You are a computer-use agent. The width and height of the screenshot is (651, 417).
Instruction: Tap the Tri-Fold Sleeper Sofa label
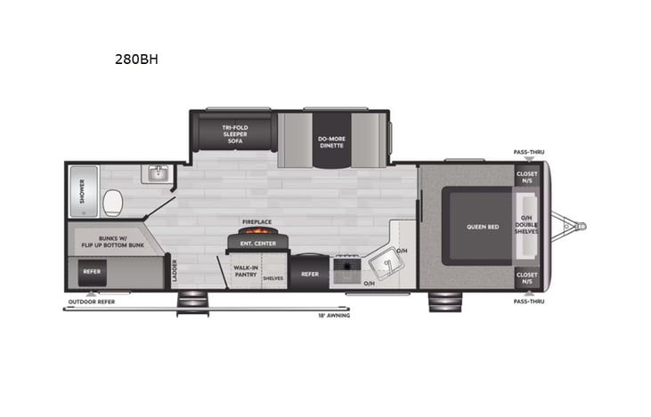[234, 134]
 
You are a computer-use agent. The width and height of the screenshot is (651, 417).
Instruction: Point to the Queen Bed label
[481, 226]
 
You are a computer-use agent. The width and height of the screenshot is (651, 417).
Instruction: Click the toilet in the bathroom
[113, 204]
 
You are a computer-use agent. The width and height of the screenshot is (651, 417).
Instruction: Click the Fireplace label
[256, 222]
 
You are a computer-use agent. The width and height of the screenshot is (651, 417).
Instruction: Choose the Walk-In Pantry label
[246, 269]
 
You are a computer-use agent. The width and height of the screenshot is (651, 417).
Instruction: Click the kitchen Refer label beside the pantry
[309, 274]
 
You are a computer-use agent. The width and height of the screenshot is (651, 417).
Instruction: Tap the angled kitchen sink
[386, 265]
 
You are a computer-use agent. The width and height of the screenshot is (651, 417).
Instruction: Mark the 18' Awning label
[335, 315]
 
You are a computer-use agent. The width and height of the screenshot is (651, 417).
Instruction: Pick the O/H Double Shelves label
[527, 225]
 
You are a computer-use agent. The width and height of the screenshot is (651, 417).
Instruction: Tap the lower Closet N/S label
[527, 277]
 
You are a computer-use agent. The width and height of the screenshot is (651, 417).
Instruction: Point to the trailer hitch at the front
[570, 226]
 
